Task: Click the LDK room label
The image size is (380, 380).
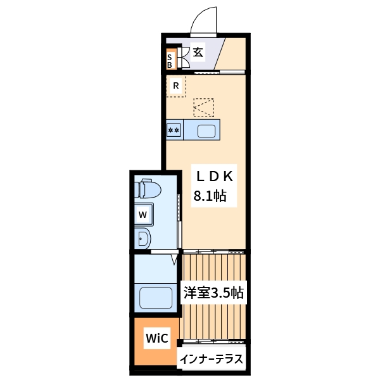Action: click(213, 176)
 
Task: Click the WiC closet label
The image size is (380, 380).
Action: click(156, 338)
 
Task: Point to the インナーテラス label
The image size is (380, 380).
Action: click(211, 359)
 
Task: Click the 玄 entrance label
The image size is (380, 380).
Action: click(198, 53)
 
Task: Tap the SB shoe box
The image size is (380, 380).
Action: click(170, 60)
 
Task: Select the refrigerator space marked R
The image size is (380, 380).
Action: click(175, 85)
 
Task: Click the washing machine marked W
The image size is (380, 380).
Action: click(143, 214)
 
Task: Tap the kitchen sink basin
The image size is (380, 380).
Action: click(207, 131)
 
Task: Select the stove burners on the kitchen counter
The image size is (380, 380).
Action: click(174, 130)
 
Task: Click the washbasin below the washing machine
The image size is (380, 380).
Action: click(143, 239)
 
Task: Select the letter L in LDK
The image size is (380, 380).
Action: click(198, 176)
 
